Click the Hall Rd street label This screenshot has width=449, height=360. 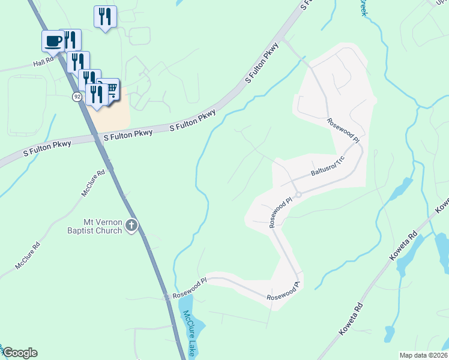(x=43, y=62)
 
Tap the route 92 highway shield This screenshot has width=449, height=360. (x=77, y=96)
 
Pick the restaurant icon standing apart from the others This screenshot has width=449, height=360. (x=105, y=16)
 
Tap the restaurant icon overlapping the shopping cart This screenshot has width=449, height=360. (x=96, y=94)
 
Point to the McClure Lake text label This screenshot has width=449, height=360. (x=189, y=333)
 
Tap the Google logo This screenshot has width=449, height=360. (x=20, y=353)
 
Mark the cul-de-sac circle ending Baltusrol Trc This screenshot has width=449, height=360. (x=297, y=194)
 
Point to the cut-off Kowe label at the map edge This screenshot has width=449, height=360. (x=442, y=206)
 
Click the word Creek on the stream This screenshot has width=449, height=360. (x=363, y=8)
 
